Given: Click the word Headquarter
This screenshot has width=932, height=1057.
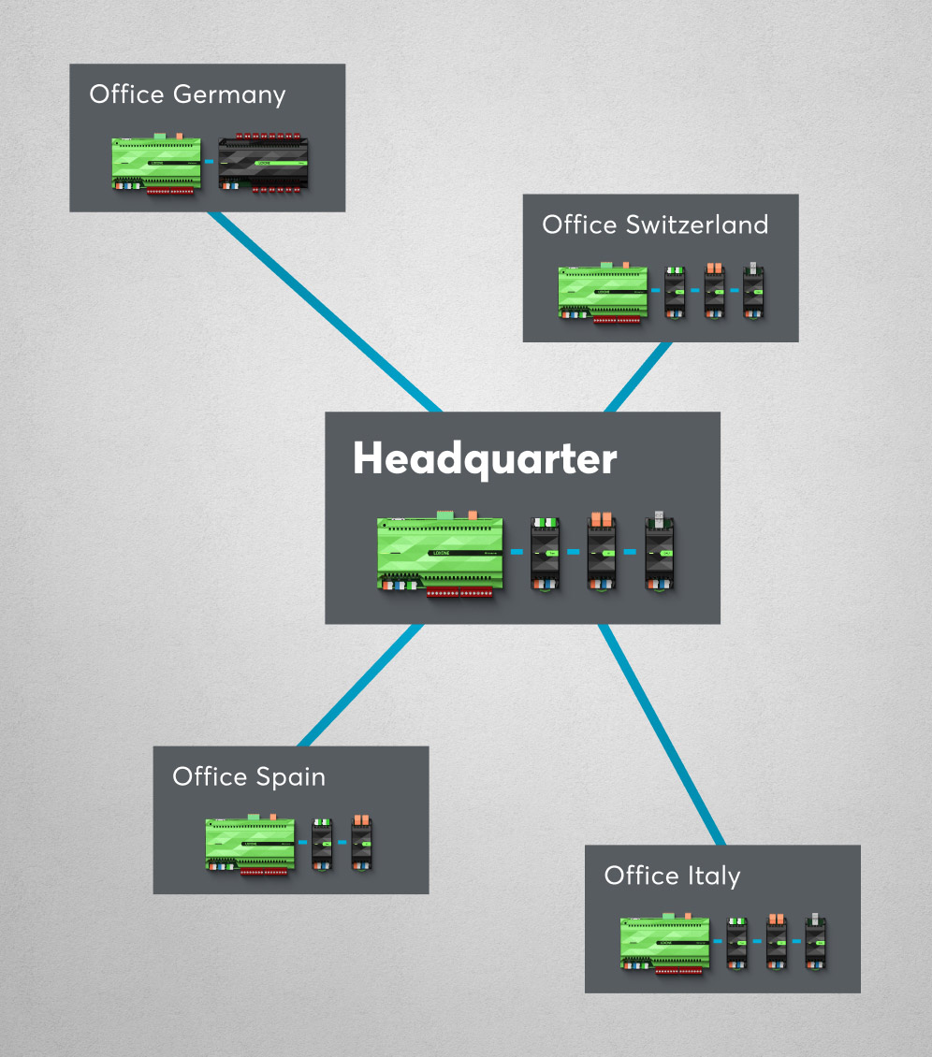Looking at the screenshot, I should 485,460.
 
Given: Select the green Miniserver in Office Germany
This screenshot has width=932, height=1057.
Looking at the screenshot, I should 154,164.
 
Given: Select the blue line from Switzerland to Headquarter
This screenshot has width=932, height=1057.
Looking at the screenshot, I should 639,376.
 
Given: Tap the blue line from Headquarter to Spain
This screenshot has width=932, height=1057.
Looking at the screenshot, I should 358,686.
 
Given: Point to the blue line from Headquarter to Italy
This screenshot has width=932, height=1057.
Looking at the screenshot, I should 661,735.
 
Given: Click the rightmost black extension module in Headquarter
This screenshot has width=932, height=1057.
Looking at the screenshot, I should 660,553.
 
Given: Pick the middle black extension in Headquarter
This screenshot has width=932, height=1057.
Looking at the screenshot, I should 602,553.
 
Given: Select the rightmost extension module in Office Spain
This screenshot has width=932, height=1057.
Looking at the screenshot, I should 361,844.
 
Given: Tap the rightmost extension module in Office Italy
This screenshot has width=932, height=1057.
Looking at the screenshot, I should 815,942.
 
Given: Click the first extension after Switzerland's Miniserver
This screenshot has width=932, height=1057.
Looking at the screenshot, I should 675,292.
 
